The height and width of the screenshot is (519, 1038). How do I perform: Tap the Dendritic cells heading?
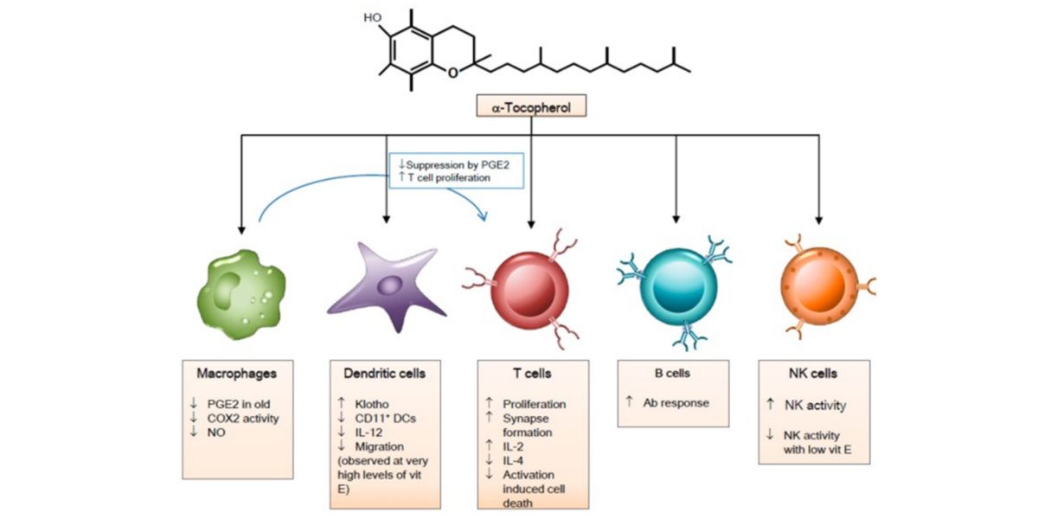point(385,375)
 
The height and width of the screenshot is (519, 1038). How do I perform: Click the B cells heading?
point(676,374)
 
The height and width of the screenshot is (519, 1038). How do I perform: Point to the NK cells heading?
point(813,374)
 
